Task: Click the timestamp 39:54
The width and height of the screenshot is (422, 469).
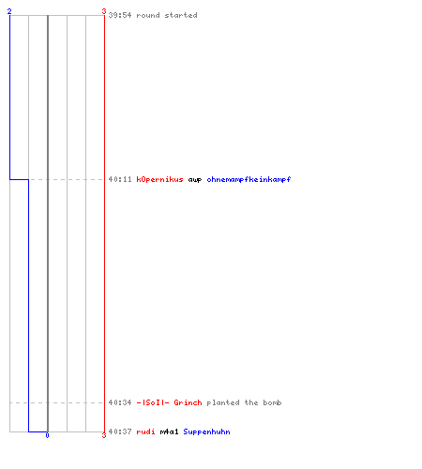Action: pyautogui.click(x=120, y=15)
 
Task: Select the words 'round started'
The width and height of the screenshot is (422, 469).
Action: pyautogui.click(x=167, y=15)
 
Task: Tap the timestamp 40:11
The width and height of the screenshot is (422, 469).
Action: pyautogui.click(x=120, y=179)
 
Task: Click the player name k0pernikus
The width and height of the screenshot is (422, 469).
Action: pyautogui.click(x=159, y=179)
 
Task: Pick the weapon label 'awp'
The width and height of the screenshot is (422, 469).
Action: pyautogui.click(x=195, y=180)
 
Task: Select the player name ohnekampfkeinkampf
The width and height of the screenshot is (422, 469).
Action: pyautogui.click(x=249, y=179)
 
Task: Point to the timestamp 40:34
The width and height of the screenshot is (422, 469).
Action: pyautogui.click(x=120, y=402)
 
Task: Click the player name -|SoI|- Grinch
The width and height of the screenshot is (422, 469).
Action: pyautogui.click(x=169, y=402)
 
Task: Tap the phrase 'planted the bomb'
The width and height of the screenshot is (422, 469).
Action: pyautogui.click(x=244, y=402)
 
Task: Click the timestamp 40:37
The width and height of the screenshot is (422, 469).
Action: pyautogui.click(x=120, y=431)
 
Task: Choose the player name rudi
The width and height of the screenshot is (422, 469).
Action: pyautogui.click(x=145, y=431)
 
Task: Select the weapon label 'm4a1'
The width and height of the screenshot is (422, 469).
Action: pyautogui.click(x=169, y=431)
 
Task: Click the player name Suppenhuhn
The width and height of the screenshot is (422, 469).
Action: pyautogui.click(x=206, y=431)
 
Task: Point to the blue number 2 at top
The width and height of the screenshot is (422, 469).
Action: pyautogui.click(x=9, y=11)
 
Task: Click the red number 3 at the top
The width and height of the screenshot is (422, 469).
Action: pyautogui.click(x=104, y=11)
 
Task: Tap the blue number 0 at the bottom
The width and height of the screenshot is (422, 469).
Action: pyautogui.click(x=47, y=435)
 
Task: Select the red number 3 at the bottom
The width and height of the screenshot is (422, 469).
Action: pyautogui.click(x=104, y=435)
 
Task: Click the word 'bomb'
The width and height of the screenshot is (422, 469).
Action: pyautogui.click(x=272, y=402)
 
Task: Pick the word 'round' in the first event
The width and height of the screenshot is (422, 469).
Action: pyautogui.click(x=148, y=15)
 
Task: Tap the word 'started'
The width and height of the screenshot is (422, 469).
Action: pyautogui.click(x=181, y=15)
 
